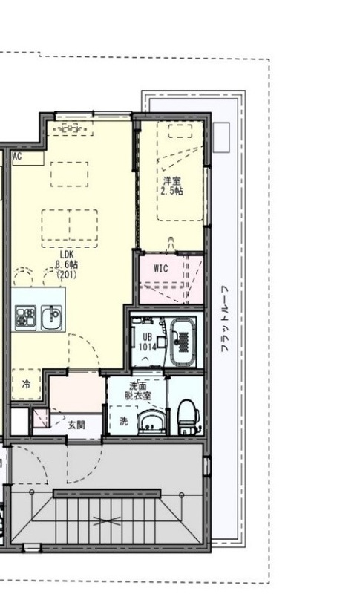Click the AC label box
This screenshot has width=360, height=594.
(x=17, y=157)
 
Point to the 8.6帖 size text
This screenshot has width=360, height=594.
(x=68, y=264)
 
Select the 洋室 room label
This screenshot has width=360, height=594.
(x=172, y=180)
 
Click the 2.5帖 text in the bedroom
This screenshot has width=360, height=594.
(x=172, y=191)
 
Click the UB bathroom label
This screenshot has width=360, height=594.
(x=147, y=336)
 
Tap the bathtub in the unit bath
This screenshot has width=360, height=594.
(x=183, y=341)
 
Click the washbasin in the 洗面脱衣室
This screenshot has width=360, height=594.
(x=151, y=421)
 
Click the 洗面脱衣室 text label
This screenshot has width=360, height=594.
(x=138, y=391)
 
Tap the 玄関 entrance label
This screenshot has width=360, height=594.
(x=76, y=425)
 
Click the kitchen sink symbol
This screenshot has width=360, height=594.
(x=50, y=319)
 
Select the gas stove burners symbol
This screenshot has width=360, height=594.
(x=24, y=319)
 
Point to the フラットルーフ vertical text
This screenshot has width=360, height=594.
(x=226, y=319)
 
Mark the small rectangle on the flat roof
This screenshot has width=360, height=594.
(x=221, y=137)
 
